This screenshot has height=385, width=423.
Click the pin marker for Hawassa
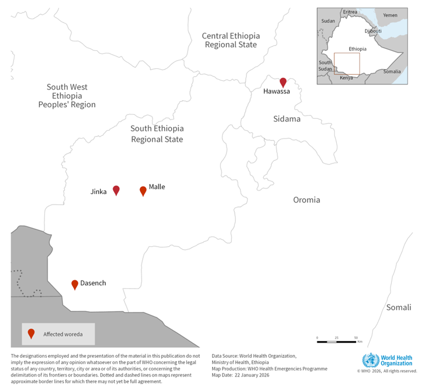(x=283, y=82)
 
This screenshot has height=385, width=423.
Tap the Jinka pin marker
(x=116, y=190)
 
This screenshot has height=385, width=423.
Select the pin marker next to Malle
(x=143, y=191)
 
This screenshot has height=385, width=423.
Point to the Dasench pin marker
(x=75, y=284)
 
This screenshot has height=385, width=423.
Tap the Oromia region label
(x=306, y=200)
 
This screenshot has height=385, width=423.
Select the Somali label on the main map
(x=399, y=307)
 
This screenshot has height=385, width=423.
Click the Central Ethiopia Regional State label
(x=231, y=40)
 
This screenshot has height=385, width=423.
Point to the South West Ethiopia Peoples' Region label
(x=67, y=96)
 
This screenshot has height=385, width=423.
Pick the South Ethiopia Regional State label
(x=157, y=134)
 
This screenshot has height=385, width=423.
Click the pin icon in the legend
(x=31, y=333)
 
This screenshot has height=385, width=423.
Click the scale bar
(x=336, y=342)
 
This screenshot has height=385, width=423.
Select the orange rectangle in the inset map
(x=347, y=63)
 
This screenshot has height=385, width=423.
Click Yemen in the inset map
(x=390, y=15)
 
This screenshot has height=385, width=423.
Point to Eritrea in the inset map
(x=350, y=11)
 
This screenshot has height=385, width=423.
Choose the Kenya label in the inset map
(x=346, y=78)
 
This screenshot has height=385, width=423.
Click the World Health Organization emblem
(x=370, y=360)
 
